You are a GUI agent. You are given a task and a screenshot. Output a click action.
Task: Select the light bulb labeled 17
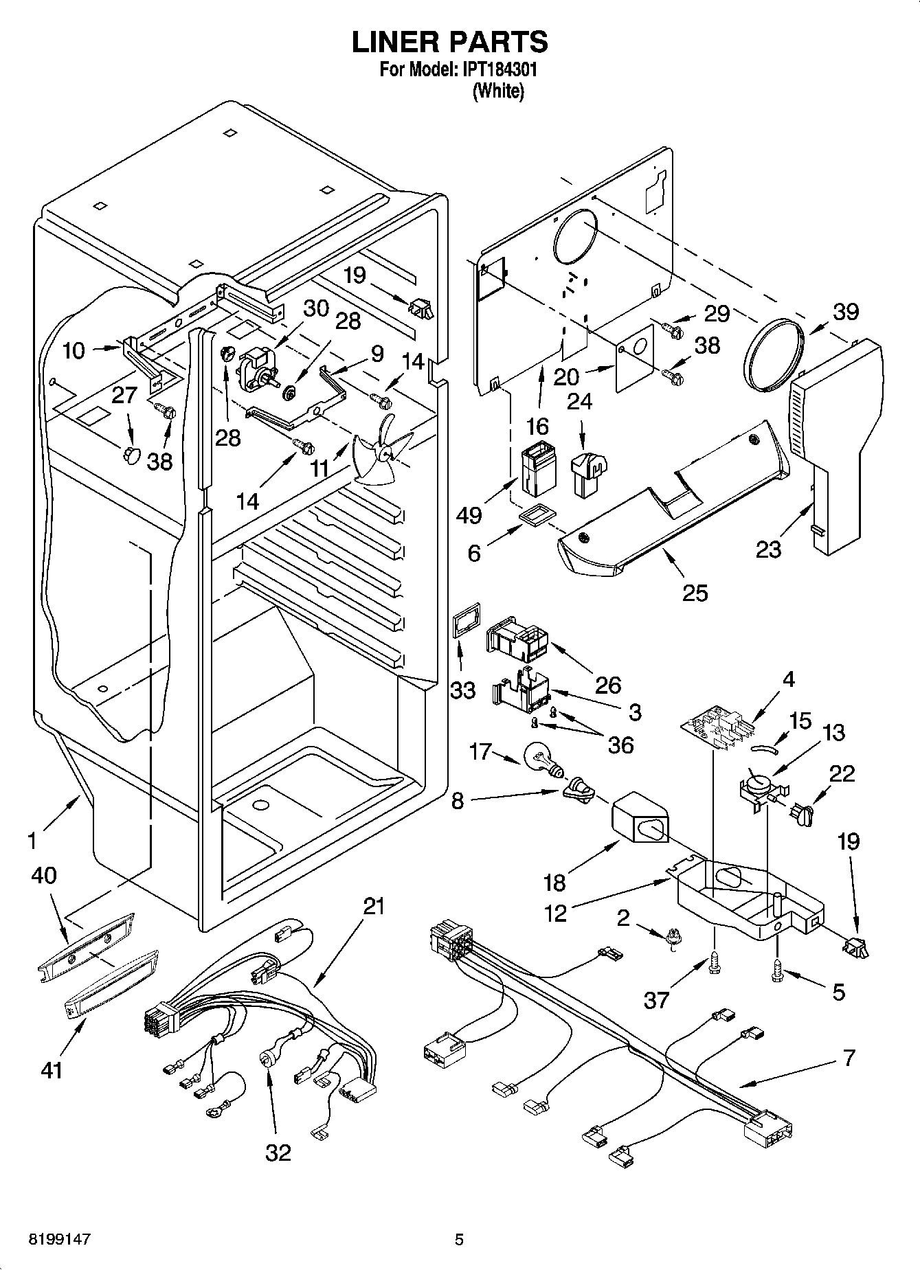pyautogui.click(x=541, y=760)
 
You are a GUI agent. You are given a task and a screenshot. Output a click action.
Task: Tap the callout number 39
pyautogui.click(x=846, y=311)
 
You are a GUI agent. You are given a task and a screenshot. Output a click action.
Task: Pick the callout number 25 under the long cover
pyautogui.click(x=695, y=591)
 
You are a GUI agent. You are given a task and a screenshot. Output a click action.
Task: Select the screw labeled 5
pyautogui.click(x=777, y=968)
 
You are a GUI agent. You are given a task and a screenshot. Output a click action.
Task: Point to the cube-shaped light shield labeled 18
pyautogui.click(x=638, y=821)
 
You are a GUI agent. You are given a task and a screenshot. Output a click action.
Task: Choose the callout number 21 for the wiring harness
pyautogui.click(x=373, y=907)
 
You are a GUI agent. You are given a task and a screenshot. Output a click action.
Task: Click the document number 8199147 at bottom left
pyautogui.click(x=60, y=1239)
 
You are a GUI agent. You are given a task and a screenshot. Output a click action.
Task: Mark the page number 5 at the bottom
pyautogui.click(x=459, y=1239)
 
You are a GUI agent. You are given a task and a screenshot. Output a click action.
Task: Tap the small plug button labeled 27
pyautogui.click(x=131, y=453)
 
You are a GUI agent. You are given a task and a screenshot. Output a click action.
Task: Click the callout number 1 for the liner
pyautogui.click(x=31, y=839)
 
